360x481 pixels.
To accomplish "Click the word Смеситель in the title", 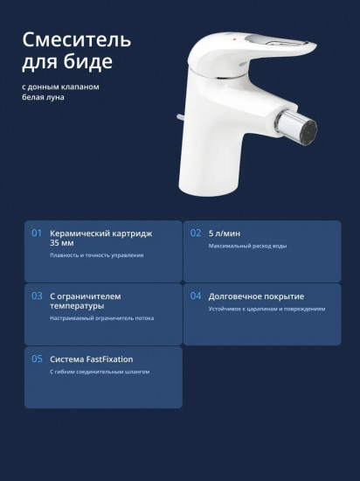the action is (x=77, y=40).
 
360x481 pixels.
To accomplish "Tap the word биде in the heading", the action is (x=88, y=61).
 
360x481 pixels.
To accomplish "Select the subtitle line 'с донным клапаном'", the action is (x=60, y=87).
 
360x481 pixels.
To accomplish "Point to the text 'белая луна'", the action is (x=43, y=97).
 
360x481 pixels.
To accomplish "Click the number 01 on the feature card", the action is (x=37, y=234).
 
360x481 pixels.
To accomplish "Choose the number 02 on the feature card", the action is (x=196, y=234).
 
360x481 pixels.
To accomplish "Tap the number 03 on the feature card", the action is (x=37, y=296).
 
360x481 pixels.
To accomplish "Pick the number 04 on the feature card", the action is (x=196, y=296).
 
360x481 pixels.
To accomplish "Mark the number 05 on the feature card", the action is (x=37, y=359).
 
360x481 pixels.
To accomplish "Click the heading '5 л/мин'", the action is (x=225, y=234).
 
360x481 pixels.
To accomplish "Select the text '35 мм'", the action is (x=62, y=243).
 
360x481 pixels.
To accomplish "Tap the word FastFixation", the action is (x=110, y=359).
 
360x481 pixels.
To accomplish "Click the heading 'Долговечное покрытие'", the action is (x=256, y=296).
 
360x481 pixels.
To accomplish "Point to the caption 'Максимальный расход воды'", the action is (x=247, y=246).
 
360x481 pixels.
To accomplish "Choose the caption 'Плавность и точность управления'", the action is (x=97, y=255).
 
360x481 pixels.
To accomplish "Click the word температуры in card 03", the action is (x=77, y=306).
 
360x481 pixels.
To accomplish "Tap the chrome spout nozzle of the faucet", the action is (x=297, y=128).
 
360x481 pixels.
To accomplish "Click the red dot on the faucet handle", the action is (x=235, y=39).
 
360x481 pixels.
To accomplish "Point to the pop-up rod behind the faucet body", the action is (x=180, y=117).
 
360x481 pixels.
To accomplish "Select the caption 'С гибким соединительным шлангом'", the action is (x=100, y=372).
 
